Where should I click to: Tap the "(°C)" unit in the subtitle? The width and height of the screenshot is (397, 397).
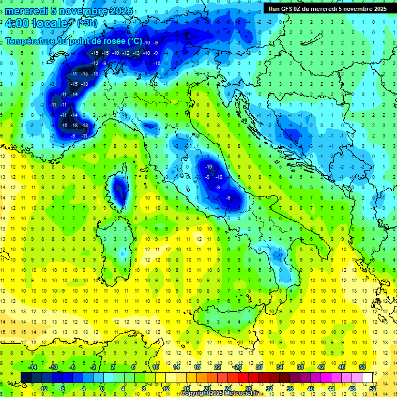tap(134, 41)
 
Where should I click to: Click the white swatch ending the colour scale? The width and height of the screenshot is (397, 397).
tap(367, 377)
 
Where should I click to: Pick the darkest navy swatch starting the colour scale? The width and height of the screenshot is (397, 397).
tap(26, 377)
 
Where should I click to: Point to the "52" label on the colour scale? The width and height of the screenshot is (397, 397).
tap(373, 388)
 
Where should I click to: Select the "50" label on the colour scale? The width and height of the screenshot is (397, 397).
tap(362, 367)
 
